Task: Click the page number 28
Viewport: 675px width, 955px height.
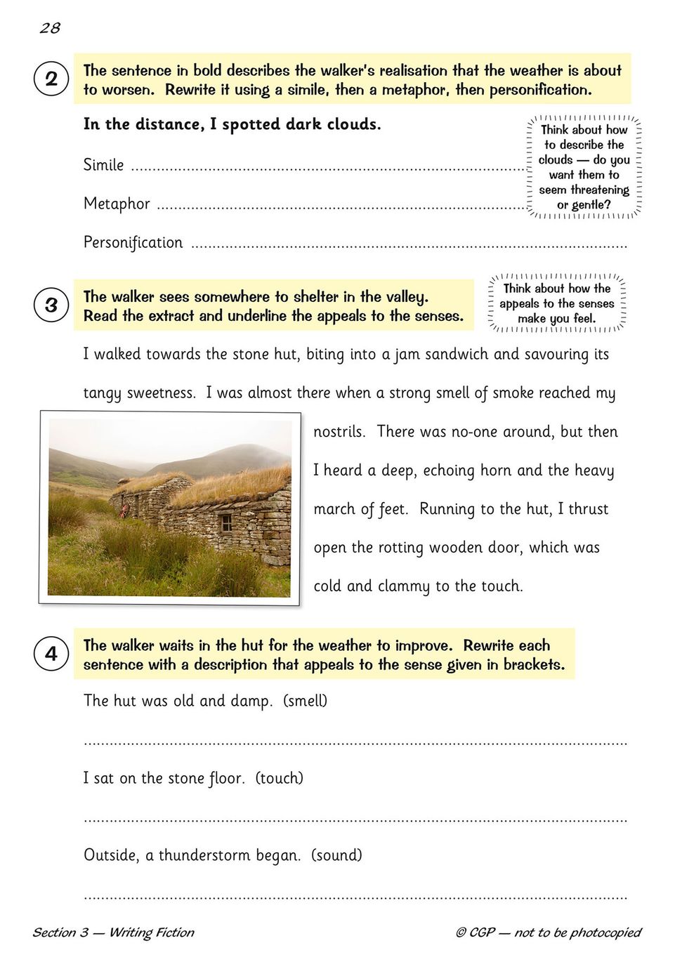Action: pyautogui.click(x=50, y=28)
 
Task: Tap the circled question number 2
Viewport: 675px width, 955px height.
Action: pyautogui.click(x=51, y=79)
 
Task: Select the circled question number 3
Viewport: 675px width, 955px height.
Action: pyautogui.click(x=51, y=305)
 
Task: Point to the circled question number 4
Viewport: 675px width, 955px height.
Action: pyautogui.click(x=51, y=654)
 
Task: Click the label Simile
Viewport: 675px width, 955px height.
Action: pyautogui.click(x=103, y=165)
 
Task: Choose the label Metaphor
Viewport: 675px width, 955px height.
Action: pyautogui.click(x=117, y=204)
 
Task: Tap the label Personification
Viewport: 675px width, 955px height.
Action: pyautogui.click(x=133, y=242)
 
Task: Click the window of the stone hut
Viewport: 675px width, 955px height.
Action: pyautogui.click(x=225, y=523)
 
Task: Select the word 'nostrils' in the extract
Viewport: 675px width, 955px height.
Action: pyautogui.click(x=339, y=432)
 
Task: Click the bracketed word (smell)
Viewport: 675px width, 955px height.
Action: pyautogui.click(x=305, y=701)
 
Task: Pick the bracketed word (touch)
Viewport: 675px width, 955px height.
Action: pyautogui.click(x=279, y=778)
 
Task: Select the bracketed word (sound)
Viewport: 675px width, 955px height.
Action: pyautogui.click(x=336, y=855)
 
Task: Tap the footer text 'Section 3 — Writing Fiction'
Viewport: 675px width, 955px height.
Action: pyautogui.click(x=113, y=933)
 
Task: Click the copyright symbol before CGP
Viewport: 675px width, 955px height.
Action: pyautogui.click(x=461, y=933)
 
